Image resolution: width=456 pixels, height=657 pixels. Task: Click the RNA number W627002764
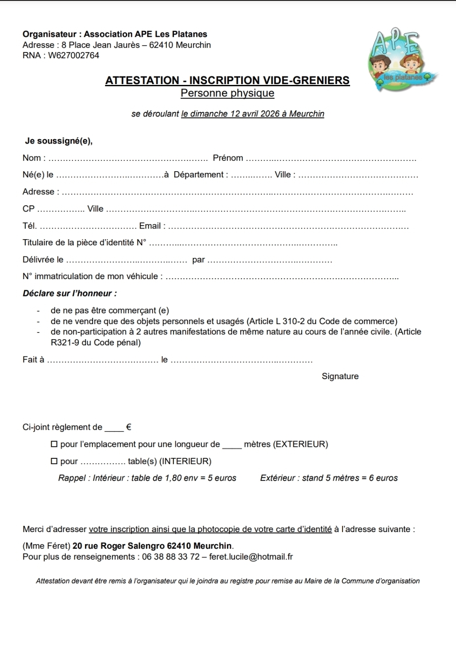(x=73, y=56)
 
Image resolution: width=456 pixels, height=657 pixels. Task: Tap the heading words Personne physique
(x=227, y=93)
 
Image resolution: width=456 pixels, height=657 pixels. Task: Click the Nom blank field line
(x=128, y=159)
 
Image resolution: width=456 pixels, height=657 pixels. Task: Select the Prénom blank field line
(x=331, y=159)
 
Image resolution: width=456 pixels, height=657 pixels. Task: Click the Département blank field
(x=252, y=176)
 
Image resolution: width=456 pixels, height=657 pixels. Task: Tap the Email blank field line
(x=289, y=227)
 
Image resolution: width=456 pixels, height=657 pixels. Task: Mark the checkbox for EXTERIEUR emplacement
(x=54, y=444)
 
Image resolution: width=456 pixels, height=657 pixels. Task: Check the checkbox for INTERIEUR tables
(x=54, y=461)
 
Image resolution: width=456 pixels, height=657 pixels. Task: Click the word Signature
(x=340, y=377)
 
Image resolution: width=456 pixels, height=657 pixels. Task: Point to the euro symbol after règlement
(x=129, y=427)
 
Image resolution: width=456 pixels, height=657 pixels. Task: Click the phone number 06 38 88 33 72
(x=171, y=557)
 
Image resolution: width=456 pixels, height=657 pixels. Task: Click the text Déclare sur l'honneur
(x=70, y=293)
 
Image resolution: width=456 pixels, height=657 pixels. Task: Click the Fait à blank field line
(x=102, y=361)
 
